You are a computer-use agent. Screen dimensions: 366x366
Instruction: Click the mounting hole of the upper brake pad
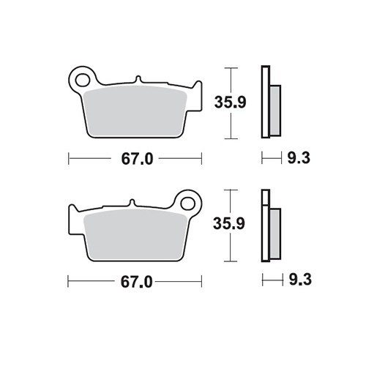tap(82, 80)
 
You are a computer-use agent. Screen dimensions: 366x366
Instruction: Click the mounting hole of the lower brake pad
tap(188, 203)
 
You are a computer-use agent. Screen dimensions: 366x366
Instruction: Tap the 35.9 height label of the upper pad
tap(230, 102)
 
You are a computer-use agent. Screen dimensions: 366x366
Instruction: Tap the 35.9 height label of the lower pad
tap(229, 223)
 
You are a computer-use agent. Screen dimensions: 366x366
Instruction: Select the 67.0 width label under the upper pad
tap(137, 159)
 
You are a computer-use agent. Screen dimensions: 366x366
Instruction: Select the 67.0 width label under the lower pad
tap(136, 283)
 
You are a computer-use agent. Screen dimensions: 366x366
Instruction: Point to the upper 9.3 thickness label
tap(299, 158)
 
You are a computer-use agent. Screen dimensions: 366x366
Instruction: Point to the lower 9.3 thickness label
tap(300, 280)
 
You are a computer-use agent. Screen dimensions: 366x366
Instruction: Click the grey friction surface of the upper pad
tap(135, 111)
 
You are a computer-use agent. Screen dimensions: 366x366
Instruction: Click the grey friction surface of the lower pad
tap(135, 234)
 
